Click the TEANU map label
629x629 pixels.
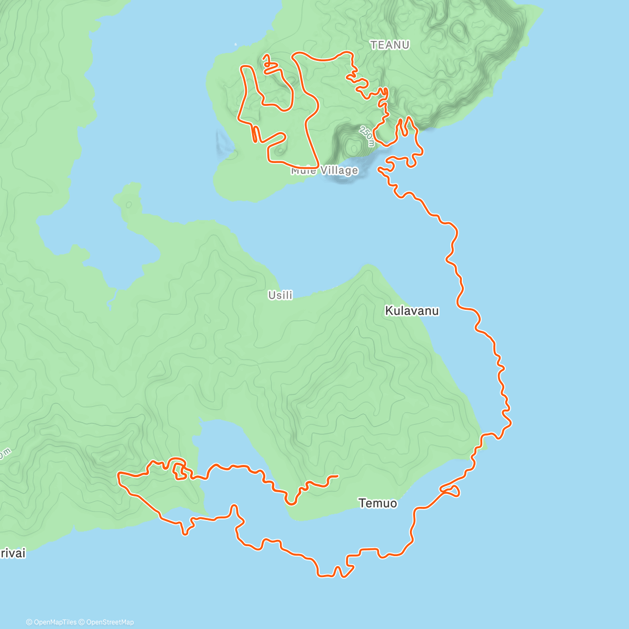pos(389,45)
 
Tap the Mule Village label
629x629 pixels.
pos(325,170)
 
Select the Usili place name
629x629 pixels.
pos(280,295)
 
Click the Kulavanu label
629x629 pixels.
pos(411,311)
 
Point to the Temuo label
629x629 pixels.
pos(377,503)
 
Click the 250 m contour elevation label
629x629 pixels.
pos(367,136)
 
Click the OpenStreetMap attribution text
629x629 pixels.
pos(110,622)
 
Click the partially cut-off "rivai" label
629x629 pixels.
pos(13,554)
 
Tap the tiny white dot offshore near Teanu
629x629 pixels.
pos(235,44)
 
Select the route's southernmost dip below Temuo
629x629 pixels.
pos(325,576)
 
